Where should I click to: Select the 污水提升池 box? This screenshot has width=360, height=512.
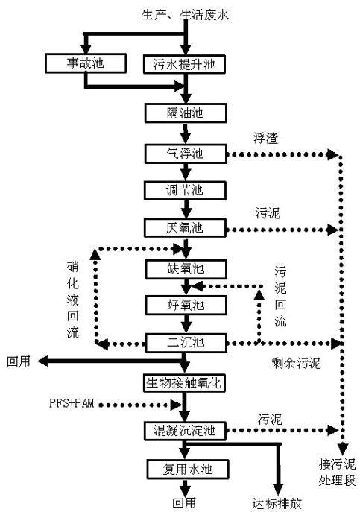[x=184, y=63]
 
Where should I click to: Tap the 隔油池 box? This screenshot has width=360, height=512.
[x=184, y=114]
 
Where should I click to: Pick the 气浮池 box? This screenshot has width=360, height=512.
[x=184, y=154]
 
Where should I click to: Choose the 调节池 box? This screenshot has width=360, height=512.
[x=184, y=190]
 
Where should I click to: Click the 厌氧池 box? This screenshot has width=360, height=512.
[x=184, y=227]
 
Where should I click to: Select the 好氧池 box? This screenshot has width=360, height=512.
[x=184, y=305]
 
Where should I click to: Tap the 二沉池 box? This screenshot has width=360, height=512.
[x=184, y=343]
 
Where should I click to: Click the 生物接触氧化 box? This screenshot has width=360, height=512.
[x=184, y=382]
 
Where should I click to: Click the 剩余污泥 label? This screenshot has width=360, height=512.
[x=296, y=364]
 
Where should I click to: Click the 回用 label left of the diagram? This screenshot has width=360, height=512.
[x=18, y=361]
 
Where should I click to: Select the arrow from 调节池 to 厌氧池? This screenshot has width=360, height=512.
[x=184, y=209]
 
